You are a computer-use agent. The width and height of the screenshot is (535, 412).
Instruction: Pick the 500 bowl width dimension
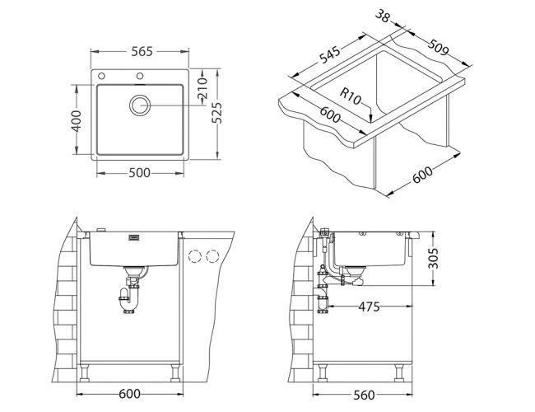coord(140,174)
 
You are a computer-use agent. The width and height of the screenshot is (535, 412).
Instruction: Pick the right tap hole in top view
coord(139,77)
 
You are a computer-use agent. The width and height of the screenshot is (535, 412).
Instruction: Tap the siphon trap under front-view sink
coord(129,294)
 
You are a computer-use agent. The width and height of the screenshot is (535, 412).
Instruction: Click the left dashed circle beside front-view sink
coord(196,255)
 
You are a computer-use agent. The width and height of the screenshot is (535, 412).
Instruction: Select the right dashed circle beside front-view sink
coord(213,255)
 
